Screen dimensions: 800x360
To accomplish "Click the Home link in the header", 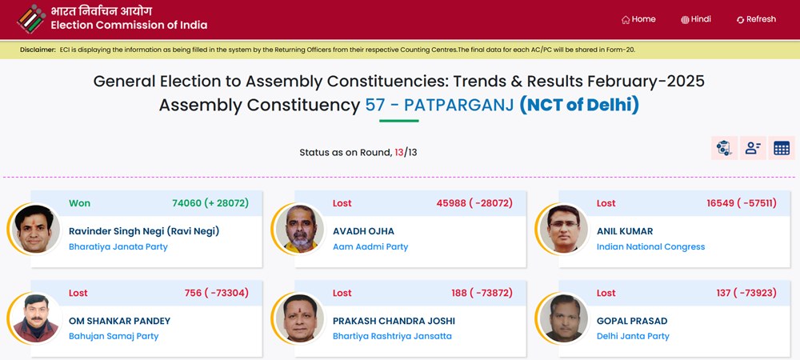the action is (638, 19).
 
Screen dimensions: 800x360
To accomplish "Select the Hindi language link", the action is (696, 19).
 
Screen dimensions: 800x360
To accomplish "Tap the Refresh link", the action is (756, 19).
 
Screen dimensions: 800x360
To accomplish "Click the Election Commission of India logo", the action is (31, 19).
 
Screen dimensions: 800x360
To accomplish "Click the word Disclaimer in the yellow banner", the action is (38, 50).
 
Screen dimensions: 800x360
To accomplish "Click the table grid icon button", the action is (781, 148).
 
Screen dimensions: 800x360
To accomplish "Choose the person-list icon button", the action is (753, 148).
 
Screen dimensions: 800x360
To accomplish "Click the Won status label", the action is (79, 203).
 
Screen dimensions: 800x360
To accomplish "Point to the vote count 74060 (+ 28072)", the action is (210, 203).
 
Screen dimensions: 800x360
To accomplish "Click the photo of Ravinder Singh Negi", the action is (34, 229).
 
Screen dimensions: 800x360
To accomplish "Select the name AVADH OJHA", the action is (363, 231).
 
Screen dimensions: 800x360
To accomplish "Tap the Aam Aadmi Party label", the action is (370, 246).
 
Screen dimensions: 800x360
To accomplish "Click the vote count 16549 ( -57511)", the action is (742, 203).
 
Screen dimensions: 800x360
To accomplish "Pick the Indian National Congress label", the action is (650, 246).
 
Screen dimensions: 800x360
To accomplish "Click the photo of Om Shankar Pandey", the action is (34, 318).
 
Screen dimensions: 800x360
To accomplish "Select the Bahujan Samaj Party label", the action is (114, 337).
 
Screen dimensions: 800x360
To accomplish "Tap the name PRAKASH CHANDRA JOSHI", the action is (394, 321).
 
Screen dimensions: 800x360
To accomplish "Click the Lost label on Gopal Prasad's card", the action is (606, 293).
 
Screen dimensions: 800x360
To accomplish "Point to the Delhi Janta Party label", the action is (633, 337).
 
